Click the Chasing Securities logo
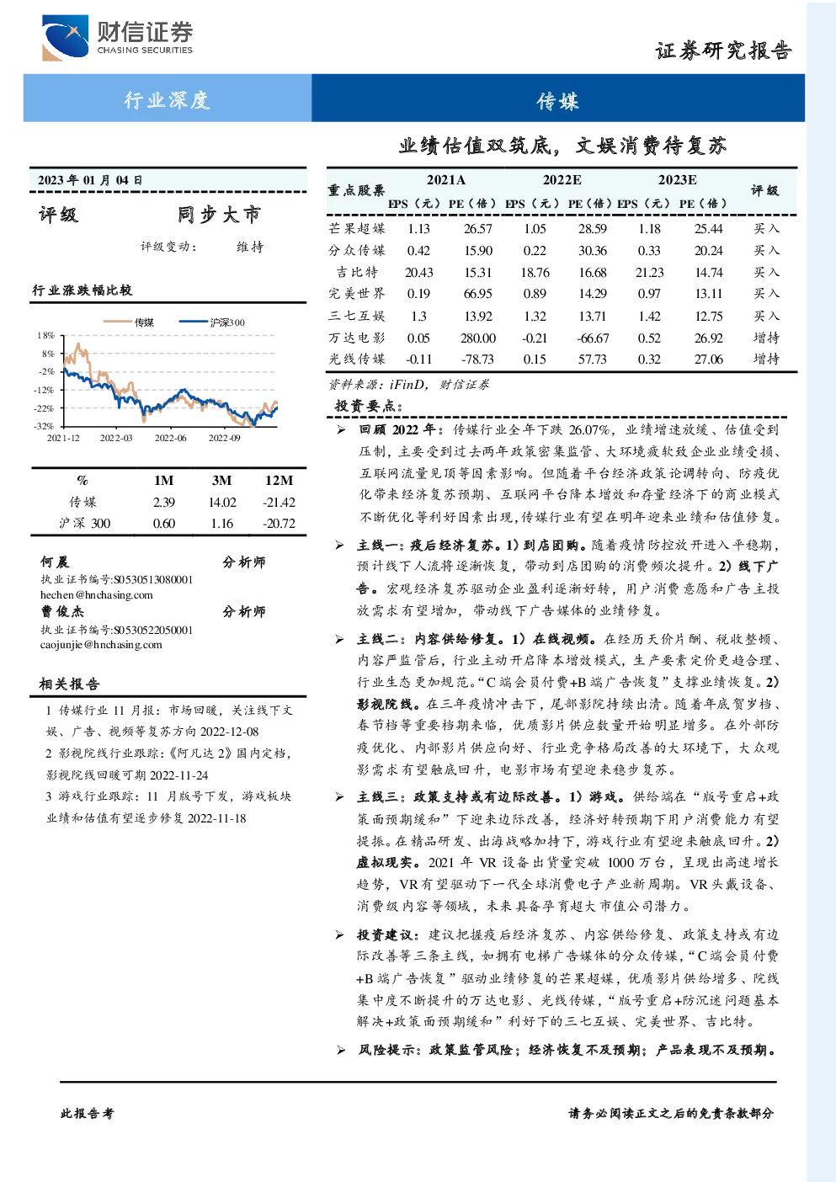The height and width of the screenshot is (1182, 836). coord(118,37)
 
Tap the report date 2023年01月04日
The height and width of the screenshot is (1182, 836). coord(90,180)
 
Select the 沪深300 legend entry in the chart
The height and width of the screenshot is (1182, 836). coord(211,322)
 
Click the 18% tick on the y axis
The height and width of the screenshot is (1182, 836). coord(46,335)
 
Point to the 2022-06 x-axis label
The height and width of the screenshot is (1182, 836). coord(170,438)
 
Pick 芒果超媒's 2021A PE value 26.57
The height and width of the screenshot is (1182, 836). coord(478,228)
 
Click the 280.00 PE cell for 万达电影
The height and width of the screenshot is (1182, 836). coord(477,338)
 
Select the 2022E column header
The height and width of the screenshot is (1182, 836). coord(562,180)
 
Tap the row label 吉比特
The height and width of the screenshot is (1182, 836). coord(357,272)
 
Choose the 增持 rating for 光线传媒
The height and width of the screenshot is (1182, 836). coord(766,359)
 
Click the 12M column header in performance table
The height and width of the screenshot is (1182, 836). coord(279,480)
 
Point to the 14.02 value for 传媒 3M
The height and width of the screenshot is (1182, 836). coord(222,502)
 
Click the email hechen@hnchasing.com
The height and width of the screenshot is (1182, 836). coord(97,594)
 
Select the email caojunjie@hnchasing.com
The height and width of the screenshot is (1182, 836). coord(101,644)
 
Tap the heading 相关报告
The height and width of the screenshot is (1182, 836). coord(69,684)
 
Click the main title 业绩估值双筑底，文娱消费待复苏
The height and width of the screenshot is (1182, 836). coord(562,145)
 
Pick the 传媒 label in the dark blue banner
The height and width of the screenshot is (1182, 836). coord(558,100)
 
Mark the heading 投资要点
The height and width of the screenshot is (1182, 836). coord(369,406)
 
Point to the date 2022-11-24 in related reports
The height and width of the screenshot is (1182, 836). coord(179,775)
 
